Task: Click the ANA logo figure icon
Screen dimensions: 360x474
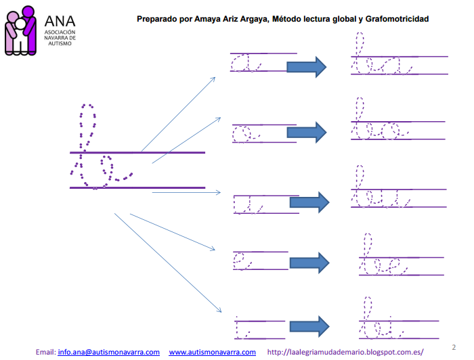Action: (x=20, y=30)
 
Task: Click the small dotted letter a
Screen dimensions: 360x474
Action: (x=246, y=64)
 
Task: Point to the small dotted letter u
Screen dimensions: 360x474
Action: (x=247, y=202)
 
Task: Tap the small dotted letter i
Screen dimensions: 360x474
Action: (x=240, y=328)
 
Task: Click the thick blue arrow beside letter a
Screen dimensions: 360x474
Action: (x=307, y=66)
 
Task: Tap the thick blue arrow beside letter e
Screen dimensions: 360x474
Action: (x=309, y=261)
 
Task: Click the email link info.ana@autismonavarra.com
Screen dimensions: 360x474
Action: (x=108, y=352)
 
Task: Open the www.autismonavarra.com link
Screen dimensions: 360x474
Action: (x=212, y=352)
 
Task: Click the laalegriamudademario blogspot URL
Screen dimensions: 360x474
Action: (x=345, y=352)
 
